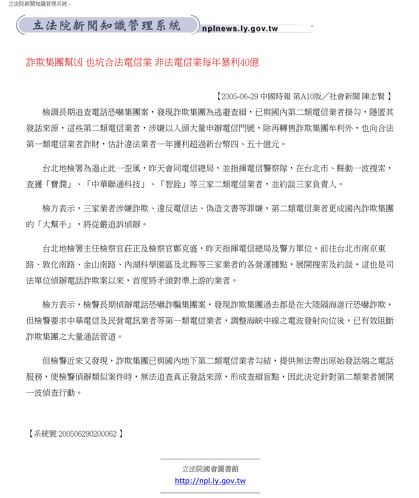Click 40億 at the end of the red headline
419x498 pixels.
(248, 62)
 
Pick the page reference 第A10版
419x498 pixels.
(308, 96)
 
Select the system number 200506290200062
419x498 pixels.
(88, 434)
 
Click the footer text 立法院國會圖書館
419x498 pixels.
(210, 468)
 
